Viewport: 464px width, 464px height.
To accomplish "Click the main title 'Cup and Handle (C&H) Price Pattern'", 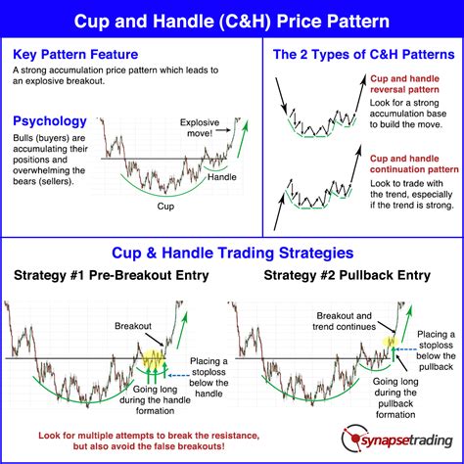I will (232, 19).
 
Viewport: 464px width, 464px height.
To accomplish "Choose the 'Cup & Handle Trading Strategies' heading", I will (231, 252).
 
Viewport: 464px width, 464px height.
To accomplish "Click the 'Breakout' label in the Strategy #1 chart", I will (133, 324).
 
